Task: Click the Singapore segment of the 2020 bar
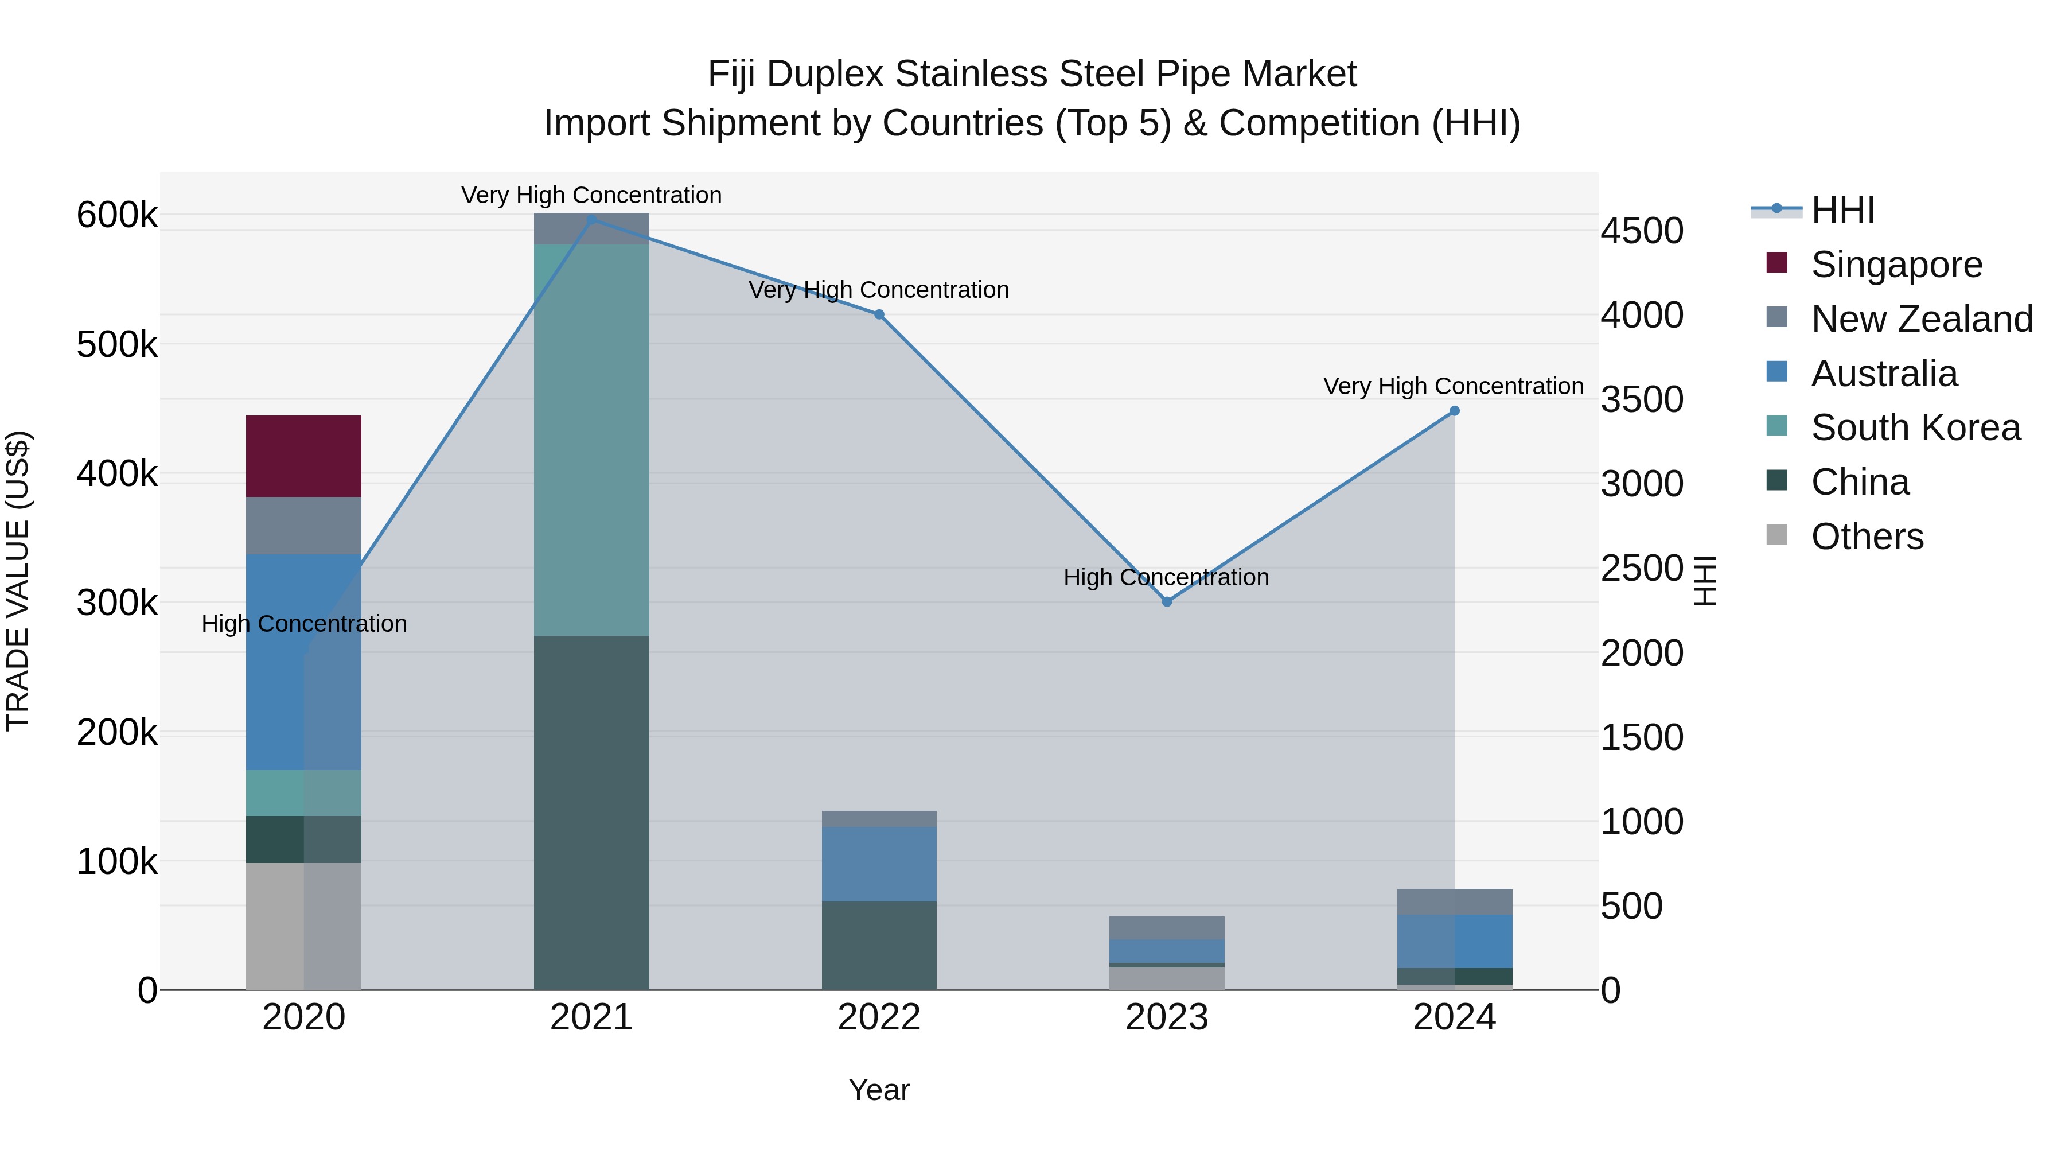tap(303, 456)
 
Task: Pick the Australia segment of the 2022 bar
tap(879, 864)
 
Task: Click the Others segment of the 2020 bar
tap(303, 926)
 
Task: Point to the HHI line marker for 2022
tap(879, 314)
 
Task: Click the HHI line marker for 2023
tap(1166, 601)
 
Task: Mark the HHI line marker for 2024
tap(1454, 411)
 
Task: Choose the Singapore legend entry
tap(1895, 265)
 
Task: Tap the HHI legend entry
tap(1842, 210)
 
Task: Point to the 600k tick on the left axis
tap(117, 215)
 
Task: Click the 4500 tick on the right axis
tap(1642, 231)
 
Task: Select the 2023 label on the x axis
tap(1166, 1017)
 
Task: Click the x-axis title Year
tap(879, 1090)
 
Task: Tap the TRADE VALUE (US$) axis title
tap(18, 581)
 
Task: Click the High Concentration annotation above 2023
tap(1166, 577)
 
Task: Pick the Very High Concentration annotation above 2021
tap(591, 195)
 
